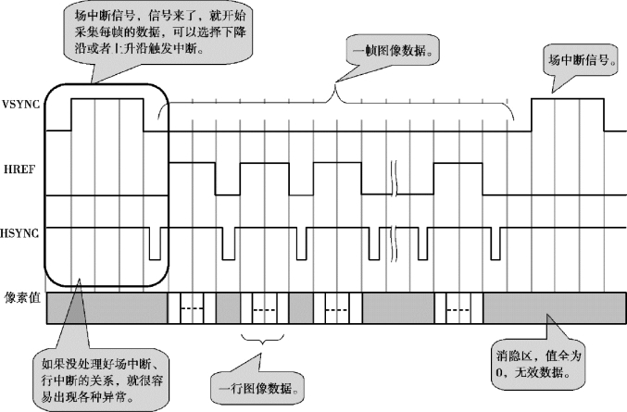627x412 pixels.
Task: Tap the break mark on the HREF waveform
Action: (x=396, y=178)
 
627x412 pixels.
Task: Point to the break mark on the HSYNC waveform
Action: (x=396, y=243)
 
